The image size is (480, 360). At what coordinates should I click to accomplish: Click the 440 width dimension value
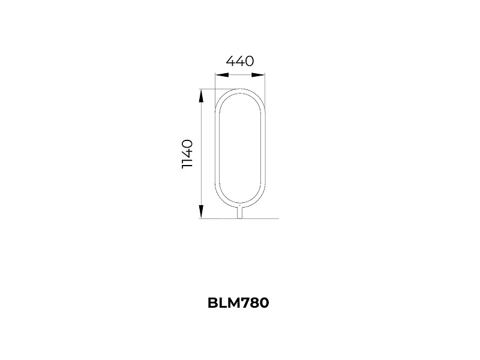[240, 61]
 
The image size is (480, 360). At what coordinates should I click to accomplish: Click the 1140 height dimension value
[187, 154]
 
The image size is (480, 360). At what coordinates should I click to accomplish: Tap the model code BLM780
[238, 303]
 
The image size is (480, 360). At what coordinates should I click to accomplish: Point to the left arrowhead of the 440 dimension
[221, 74]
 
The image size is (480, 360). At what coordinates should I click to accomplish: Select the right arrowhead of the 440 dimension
[258, 74]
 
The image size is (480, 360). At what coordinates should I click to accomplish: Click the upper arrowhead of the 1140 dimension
[201, 96]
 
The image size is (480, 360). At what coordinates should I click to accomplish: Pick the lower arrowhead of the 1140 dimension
[201, 212]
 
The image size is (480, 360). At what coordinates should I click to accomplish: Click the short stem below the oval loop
[240, 213]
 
